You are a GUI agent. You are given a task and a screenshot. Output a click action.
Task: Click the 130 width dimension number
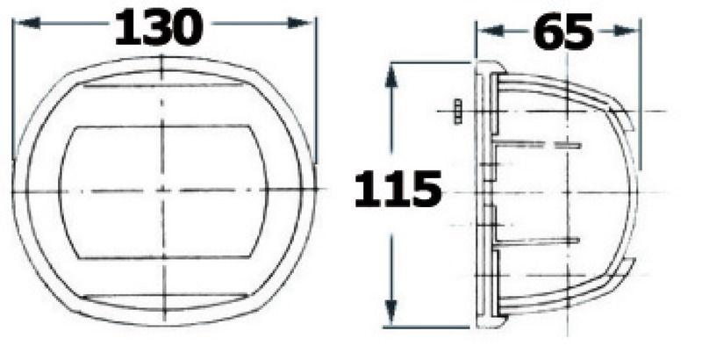coord(159,28)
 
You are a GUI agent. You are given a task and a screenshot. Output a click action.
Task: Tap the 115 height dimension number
coord(398,189)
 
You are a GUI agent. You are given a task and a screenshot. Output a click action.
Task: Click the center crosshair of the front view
coord(163,191)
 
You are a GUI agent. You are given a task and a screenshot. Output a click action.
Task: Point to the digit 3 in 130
coord(159,28)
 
